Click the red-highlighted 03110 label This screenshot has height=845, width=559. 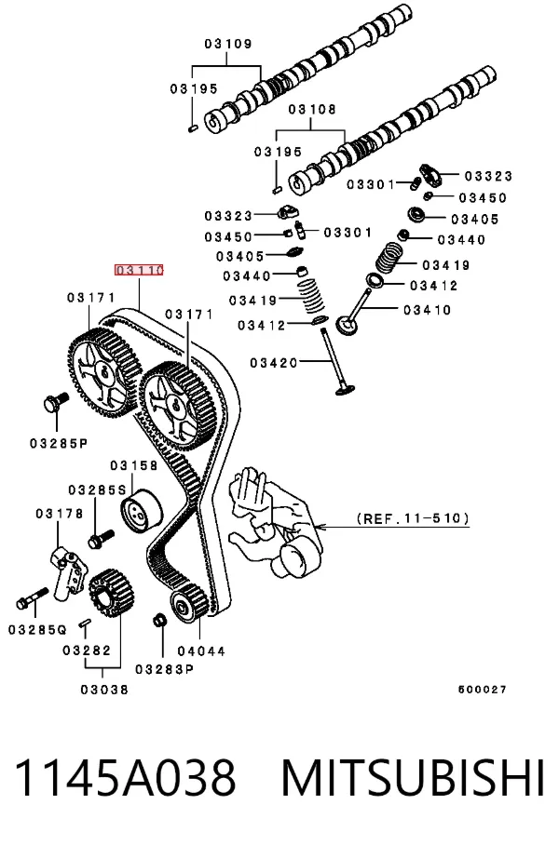point(139,270)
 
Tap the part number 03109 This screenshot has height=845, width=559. point(228,44)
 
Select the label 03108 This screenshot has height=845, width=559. point(312,110)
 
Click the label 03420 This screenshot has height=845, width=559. point(274,363)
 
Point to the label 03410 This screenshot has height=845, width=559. point(428,310)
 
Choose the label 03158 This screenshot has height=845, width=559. point(134,465)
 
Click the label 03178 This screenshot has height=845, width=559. point(60,514)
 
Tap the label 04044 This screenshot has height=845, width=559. point(202,651)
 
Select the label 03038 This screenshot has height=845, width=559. point(104,690)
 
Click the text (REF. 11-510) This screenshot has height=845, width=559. point(413,518)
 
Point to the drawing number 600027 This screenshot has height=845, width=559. point(483,690)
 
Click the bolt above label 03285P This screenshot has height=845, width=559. point(55,403)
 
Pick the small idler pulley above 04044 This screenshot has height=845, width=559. point(189,604)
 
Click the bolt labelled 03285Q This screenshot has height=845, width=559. point(33,597)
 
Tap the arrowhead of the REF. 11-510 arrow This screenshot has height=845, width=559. point(319,527)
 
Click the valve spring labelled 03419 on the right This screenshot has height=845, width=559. point(389,258)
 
